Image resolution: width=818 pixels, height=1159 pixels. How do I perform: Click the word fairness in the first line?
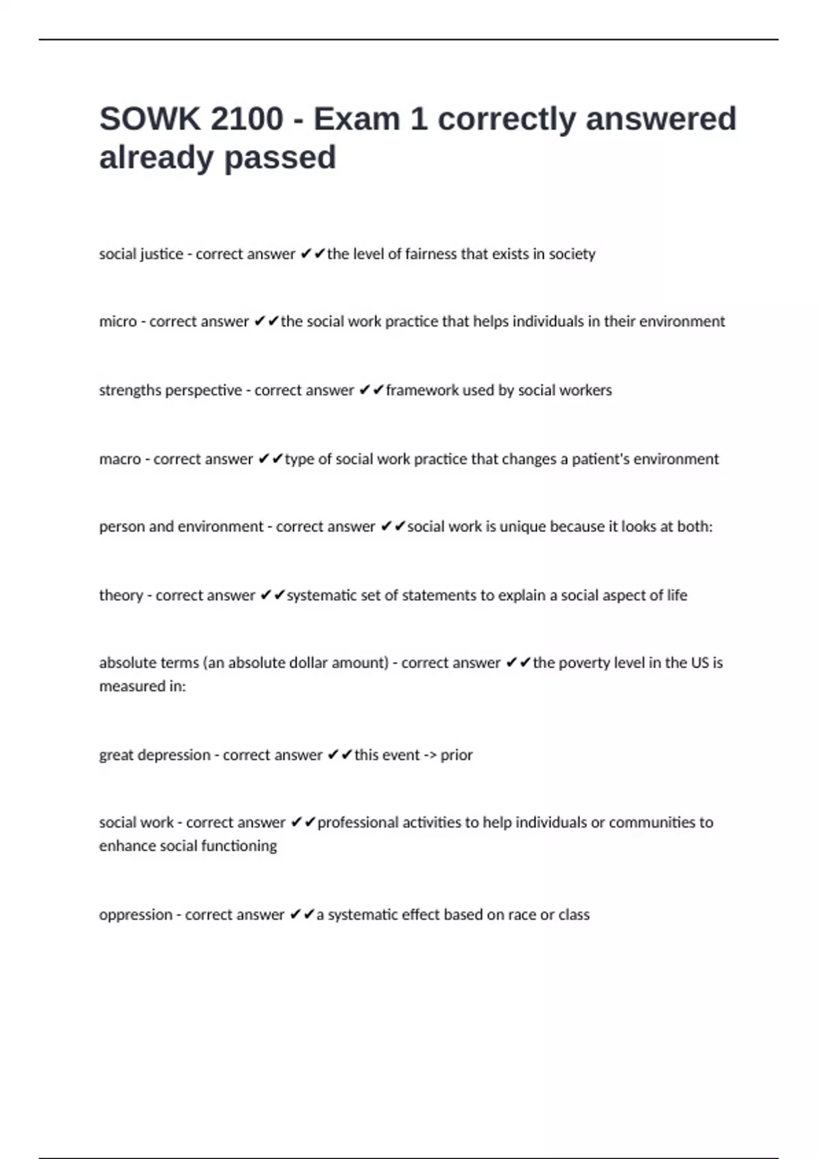(431, 254)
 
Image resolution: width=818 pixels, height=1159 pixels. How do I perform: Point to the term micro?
(118, 321)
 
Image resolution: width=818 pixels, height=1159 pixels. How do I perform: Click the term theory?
(121, 595)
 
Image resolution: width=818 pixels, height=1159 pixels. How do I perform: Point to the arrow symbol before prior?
(430, 755)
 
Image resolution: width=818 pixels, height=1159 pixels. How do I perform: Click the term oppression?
(136, 914)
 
